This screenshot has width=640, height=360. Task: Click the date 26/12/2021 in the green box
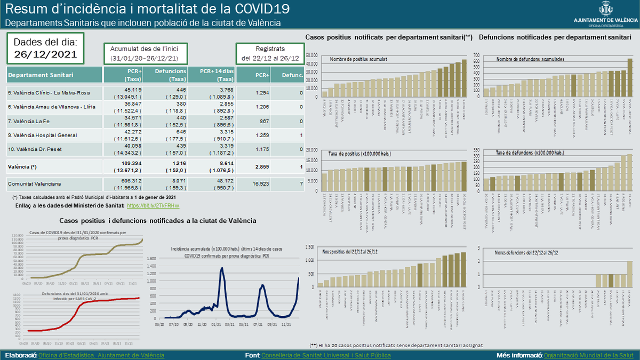click(45, 54)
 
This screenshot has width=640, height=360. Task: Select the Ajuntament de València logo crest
click(606, 9)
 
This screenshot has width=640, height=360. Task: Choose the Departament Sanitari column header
click(41, 75)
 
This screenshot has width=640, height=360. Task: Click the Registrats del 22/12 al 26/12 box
click(270, 53)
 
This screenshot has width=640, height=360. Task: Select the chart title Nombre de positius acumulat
click(359, 59)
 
